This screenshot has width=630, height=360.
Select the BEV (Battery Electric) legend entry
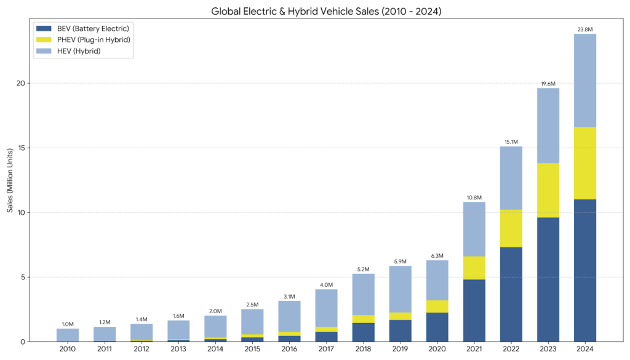click(x=84, y=29)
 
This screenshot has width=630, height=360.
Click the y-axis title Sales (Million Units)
click(x=10, y=180)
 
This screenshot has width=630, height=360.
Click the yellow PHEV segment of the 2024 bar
click(x=584, y=163)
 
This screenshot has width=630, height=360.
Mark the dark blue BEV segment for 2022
click(x=511, y=294)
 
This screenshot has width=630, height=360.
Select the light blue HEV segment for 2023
click(x=548, y=126)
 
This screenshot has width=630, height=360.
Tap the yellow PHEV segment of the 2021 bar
click(x=474, y=268)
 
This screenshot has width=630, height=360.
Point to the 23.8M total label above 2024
click(x=584, y=29)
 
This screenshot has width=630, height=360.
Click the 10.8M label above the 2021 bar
click(x=474, y=197)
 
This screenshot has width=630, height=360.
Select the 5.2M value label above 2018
click(x=363, y=269)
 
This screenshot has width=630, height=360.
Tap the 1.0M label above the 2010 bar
click(x=68, y=324)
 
